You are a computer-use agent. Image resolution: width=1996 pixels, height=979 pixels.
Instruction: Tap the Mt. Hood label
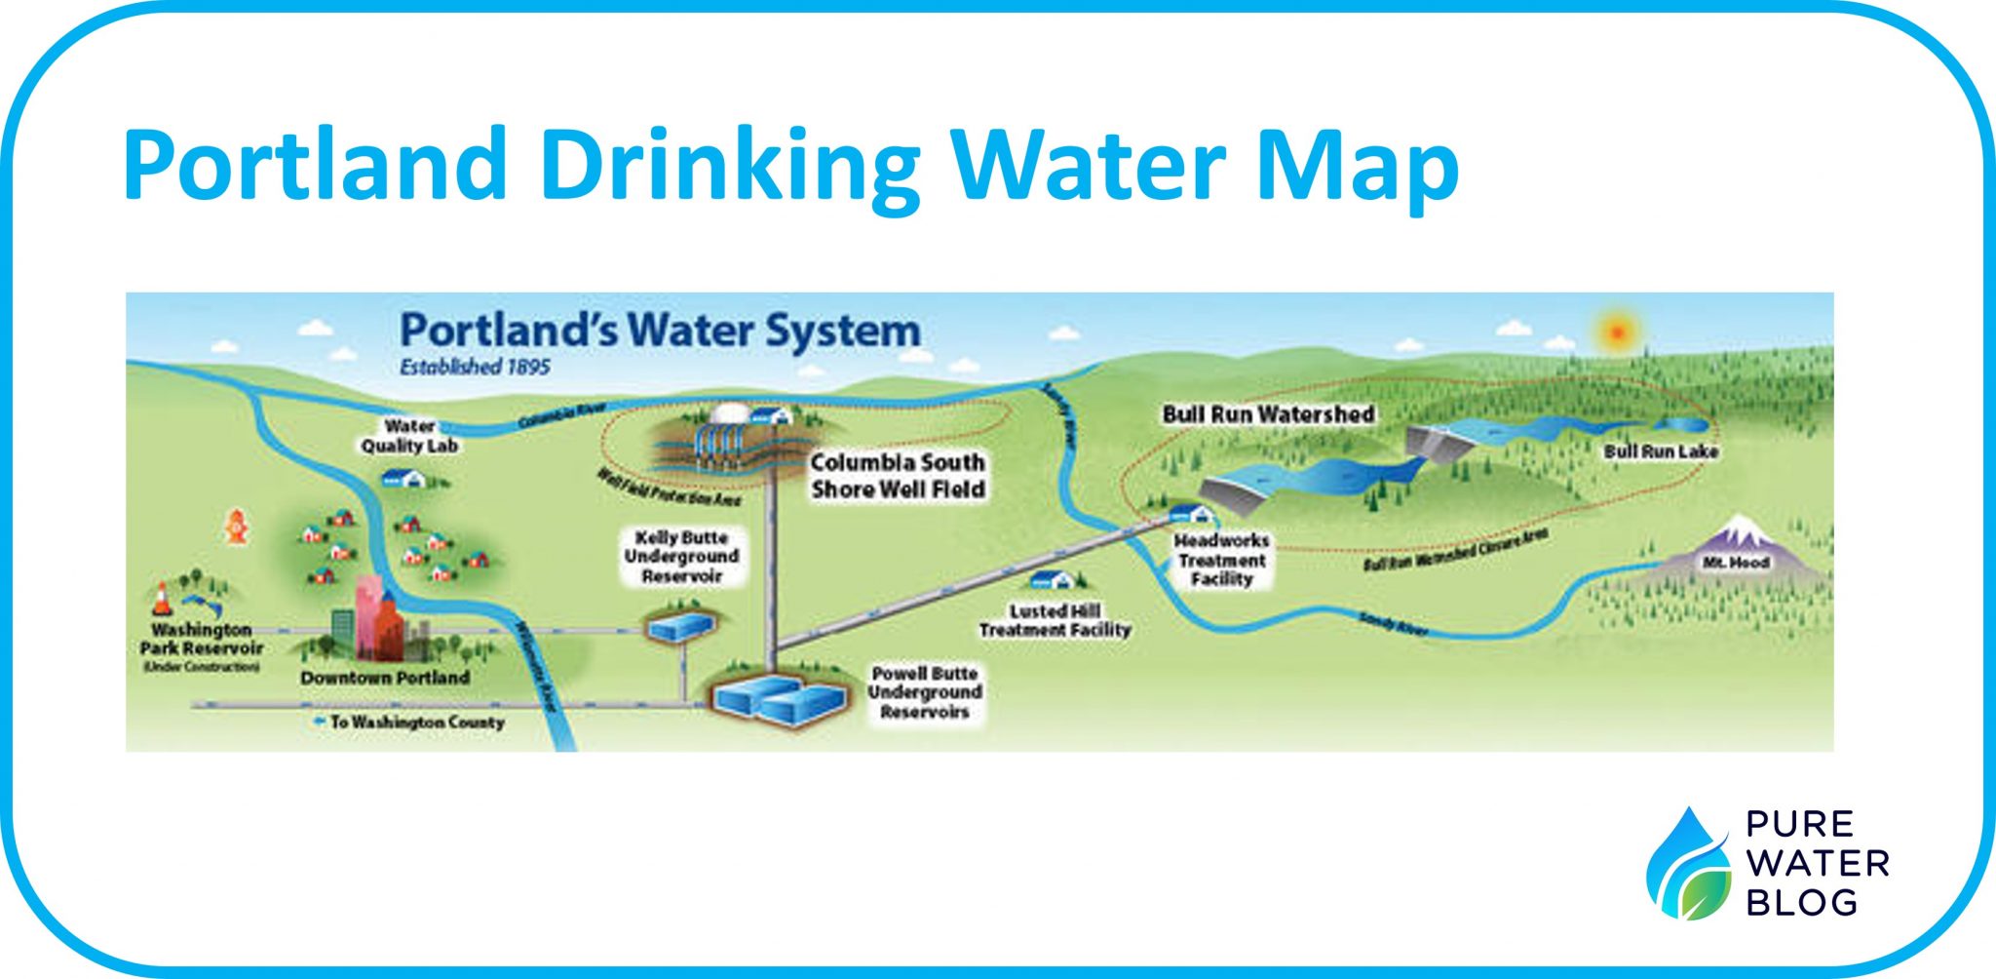point(1736,563)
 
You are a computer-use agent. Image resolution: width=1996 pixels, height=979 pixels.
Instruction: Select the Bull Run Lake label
point(1661,451)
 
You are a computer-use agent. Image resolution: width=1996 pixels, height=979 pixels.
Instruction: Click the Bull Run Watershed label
point(1268,414)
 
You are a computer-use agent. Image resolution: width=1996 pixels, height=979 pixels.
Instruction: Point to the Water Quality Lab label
point(409,436)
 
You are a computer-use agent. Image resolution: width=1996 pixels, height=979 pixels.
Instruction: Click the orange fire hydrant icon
point(236,527)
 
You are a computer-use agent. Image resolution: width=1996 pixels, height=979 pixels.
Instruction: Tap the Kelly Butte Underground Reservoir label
point(681,557)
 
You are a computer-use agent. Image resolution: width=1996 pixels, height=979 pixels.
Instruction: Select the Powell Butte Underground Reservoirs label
point(925,692)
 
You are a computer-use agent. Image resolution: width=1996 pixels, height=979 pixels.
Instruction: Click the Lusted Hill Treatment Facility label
point(1055,620)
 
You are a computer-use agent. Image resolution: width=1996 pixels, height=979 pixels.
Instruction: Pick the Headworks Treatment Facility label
point(1221,560)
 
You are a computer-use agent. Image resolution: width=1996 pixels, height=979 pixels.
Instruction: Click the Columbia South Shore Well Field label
point(898,476)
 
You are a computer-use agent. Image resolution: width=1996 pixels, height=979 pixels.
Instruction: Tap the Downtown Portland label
point(385,678)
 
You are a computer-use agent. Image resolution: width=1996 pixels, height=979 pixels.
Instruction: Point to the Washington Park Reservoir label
point(202,640)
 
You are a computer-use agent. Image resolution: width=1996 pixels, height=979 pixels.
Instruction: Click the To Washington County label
point(416,723)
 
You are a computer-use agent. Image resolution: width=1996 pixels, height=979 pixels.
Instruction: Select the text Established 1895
point(475,368)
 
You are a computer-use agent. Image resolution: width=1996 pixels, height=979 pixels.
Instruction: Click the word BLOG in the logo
point(1801,902)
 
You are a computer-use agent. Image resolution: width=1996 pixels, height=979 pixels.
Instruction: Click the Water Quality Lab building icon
point(403,478)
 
